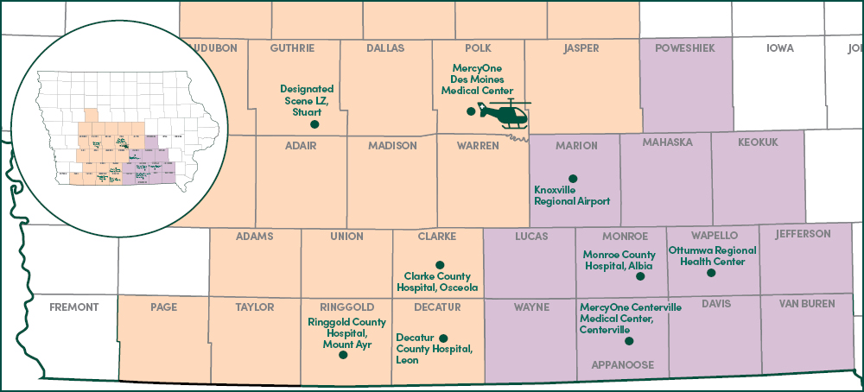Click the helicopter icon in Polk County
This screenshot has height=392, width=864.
tap(505, 113)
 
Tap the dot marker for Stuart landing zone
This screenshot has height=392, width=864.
tap(314, 124)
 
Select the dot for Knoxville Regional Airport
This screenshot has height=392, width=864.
tap(572, 179)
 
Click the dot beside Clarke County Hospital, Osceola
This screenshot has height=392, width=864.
tap(440, 264)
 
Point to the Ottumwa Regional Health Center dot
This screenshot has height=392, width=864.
tap(711, 273)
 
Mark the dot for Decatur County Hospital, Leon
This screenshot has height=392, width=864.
tap(444, 338)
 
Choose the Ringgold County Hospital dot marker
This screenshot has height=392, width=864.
tap(343, 354)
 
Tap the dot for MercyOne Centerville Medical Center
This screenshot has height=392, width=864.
tap(628, 341)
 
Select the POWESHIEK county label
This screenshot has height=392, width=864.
tap(686, 48)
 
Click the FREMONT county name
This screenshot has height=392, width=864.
tap(74, 307)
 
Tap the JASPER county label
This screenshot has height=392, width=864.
tap(581, 48)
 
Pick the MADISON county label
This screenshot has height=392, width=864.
tap(392, 146)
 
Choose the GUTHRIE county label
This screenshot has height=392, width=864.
tap(292, 48)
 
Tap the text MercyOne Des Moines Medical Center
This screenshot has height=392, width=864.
tap(478, 79)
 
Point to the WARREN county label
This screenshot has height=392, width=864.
tap(478, 146)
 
